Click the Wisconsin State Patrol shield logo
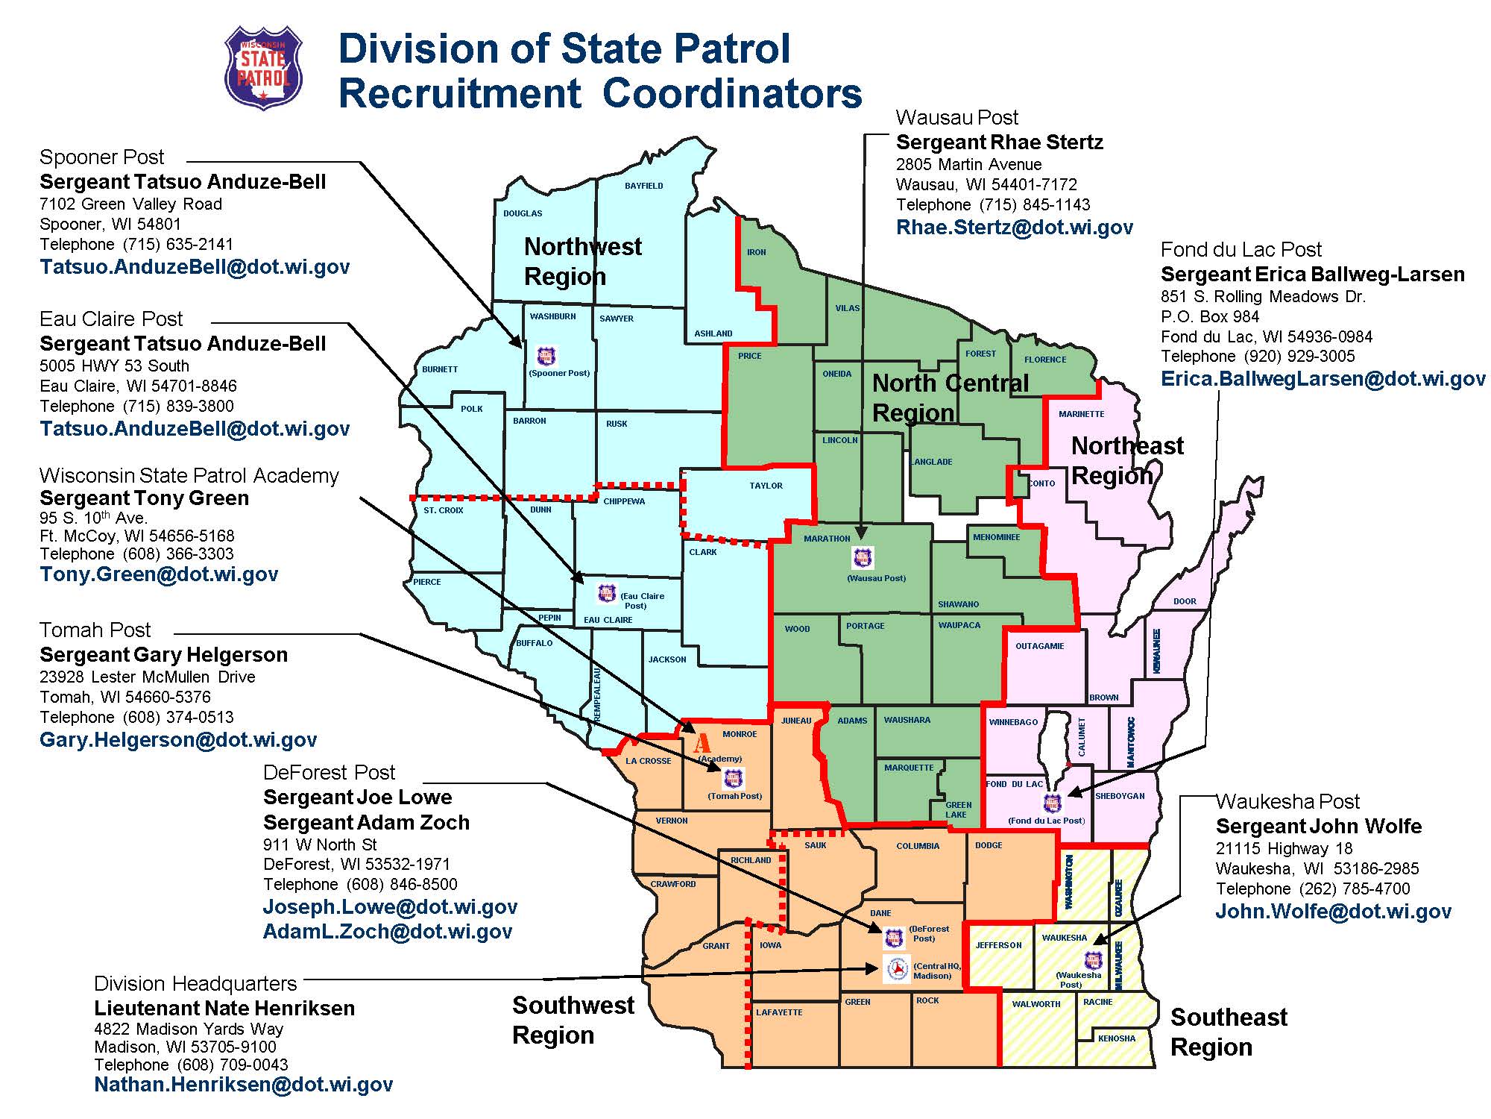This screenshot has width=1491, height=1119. coord(263,68)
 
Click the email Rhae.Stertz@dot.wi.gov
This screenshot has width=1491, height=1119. coord(1014,228)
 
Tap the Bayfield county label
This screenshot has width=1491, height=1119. coord(643,186)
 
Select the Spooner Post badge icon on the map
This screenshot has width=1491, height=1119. coord(546,356)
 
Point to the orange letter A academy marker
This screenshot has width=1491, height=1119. coord(702,744)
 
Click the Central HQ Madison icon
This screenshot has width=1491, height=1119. coord(897,968)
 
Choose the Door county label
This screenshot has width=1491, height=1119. coord(1184,601)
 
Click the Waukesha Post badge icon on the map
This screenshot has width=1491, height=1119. coord(1093,959)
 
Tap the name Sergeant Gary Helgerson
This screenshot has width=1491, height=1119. coord(163,655)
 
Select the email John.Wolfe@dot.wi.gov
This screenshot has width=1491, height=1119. coord(1333,912)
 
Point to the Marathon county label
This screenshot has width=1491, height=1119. coord(826,539)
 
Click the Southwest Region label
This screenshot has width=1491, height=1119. coord(573,1020)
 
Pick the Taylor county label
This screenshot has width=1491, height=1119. coord(766,486)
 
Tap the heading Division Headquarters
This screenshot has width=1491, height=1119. coord(195,984)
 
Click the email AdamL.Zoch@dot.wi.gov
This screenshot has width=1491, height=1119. coord(387,932)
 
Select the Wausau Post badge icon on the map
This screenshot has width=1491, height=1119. coord(863,557)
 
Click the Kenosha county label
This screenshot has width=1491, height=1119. coord(1116,1038)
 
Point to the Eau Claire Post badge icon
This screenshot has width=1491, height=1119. coord(607,594)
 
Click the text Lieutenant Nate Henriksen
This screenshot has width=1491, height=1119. coord(224,1009)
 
